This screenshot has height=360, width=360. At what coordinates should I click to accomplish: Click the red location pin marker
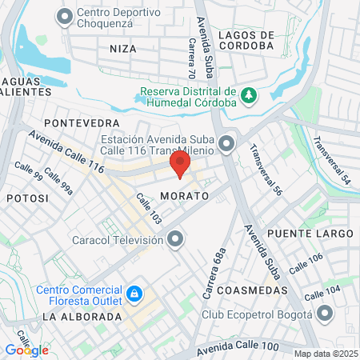pos(180,166)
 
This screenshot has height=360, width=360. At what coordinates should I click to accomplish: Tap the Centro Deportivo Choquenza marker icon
pos(65,15)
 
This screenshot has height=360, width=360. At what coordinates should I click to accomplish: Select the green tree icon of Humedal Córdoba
pos(249,94)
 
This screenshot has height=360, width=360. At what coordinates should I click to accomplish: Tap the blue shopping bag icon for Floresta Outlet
pos(135,295)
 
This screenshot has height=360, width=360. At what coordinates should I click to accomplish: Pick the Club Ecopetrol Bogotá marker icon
pos(324,314)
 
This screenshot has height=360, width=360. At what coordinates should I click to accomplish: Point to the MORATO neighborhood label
pos(183,195)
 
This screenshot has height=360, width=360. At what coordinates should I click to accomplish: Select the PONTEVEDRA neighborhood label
pos(82,122)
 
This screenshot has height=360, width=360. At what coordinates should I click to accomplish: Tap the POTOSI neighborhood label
pos(27,197)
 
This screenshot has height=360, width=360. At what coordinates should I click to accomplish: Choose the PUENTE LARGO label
pos(310,233)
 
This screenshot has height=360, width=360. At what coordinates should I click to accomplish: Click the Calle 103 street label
pos(149,209)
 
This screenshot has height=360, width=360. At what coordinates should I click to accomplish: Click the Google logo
pos(26,350)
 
